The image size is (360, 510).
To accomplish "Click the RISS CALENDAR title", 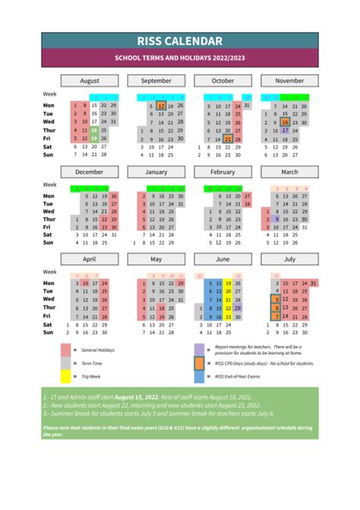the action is point(179,41).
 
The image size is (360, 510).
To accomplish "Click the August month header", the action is point(90,81).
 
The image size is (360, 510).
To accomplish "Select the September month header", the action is point(156,81).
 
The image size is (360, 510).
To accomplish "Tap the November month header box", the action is point(289,81).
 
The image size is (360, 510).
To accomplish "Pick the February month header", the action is point(223,172).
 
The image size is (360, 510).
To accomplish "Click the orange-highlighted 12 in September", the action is point(161,106).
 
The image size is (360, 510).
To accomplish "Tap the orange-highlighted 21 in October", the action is point(228,139).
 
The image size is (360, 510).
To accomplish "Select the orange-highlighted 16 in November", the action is point(285,122).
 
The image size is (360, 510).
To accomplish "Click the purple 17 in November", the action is point(285,130).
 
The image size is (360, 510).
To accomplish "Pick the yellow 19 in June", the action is point(228,284).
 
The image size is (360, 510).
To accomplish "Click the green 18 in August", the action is point(94,130).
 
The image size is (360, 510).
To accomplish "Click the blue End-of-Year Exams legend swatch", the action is point(199,375).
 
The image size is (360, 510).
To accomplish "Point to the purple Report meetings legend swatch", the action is point(199,349).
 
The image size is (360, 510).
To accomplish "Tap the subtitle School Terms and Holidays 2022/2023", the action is point(179,58).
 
